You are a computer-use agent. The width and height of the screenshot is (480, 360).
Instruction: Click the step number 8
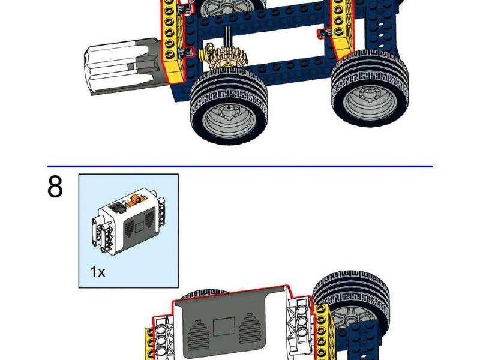coord(55,187)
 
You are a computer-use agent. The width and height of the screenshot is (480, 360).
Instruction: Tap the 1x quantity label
coord(98,272)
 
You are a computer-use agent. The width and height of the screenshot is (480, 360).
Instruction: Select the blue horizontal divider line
coord(240,166)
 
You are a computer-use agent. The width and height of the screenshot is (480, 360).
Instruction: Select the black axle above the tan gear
coord(228,37)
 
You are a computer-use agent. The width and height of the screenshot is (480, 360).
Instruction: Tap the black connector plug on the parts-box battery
coord(117,208)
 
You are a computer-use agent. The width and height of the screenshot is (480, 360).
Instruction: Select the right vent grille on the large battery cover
coord(250,328)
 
